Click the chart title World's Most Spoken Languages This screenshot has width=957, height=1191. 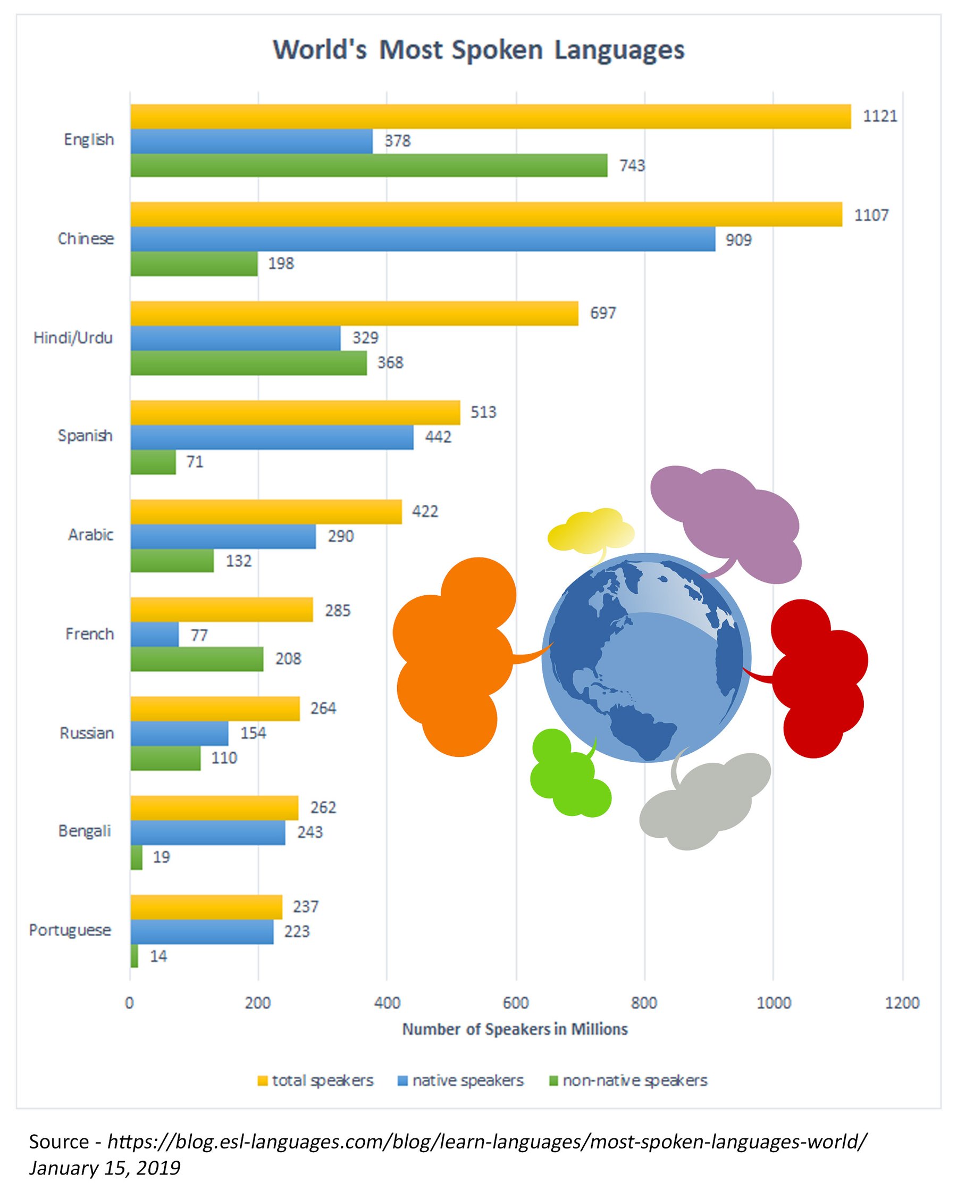(x=478, y=51)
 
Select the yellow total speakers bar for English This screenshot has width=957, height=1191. (x=490, y=116)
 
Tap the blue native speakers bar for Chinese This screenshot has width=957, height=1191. (x=423, y=239)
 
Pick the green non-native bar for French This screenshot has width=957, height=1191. (x=197, y=659)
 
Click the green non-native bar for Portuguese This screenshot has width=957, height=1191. (x=134, y=956)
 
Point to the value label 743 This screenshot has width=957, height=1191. (x=632, y=166)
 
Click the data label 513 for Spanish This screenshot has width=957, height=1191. (x=483, y=412)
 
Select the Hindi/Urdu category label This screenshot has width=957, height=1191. (x=73, y=338)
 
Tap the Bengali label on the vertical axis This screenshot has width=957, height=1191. (x=85, y=831)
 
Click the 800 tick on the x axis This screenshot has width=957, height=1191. (x=644, y=1003)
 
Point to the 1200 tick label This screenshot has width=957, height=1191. (x=902, y=1003)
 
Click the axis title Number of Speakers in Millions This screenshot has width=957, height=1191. (x=515, y=1029)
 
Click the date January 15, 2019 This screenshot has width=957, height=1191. (x=105, y=1168)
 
